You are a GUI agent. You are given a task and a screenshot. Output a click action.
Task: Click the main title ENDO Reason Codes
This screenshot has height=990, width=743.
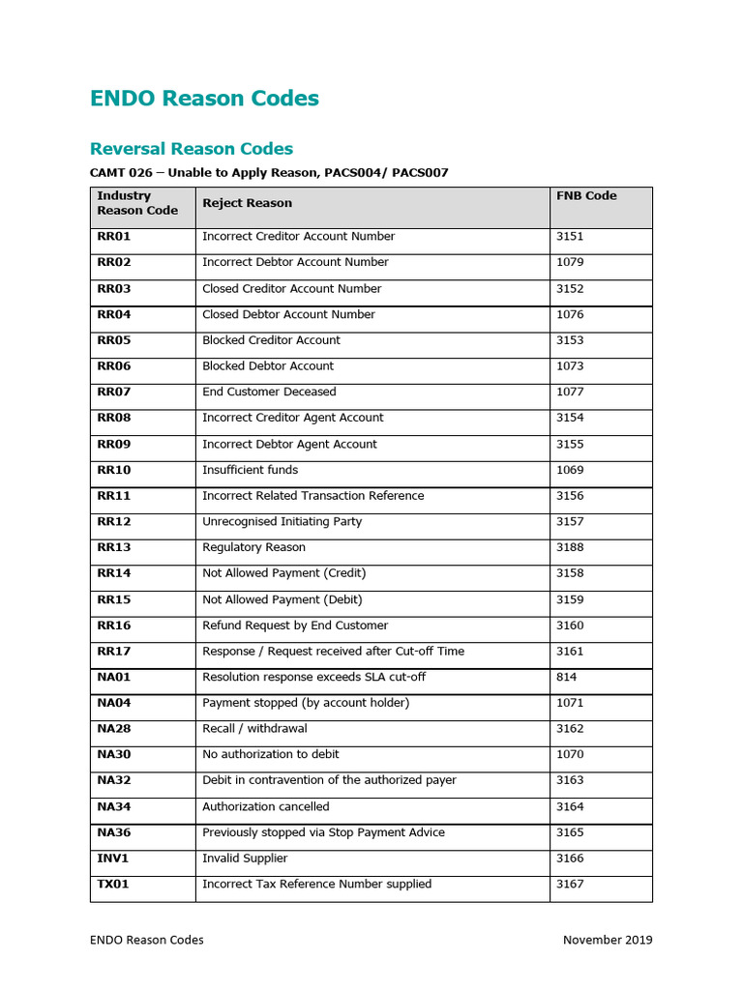(204, 99)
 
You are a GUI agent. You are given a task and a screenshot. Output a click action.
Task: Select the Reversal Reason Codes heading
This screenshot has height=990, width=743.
(192, 149)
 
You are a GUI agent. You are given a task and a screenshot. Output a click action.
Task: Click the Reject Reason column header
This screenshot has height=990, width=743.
(247, 203)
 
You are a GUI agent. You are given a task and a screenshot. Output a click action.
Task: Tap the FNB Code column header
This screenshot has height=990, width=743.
(586, 196)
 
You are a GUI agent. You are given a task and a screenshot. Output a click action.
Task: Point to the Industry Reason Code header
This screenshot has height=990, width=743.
(137, 203)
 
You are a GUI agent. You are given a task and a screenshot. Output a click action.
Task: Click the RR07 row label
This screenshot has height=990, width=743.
(113, 393)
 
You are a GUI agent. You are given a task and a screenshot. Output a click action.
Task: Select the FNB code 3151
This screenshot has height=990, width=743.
(570, 237)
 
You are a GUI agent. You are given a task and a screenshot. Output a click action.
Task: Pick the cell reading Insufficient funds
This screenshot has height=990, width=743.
(250, 471)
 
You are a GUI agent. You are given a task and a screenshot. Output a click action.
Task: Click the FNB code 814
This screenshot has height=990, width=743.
(566, 678)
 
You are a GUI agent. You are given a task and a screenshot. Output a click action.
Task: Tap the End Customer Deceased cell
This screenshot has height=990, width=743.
(269, 393)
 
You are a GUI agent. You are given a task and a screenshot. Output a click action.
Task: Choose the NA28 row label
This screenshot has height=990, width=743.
(114, 729)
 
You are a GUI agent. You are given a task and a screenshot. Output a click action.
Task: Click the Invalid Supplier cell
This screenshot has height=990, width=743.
(245, 859)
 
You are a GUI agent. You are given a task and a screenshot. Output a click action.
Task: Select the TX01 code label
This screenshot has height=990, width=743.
(114, 885)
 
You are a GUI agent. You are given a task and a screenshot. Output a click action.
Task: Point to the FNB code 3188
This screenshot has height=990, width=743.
(570, 548)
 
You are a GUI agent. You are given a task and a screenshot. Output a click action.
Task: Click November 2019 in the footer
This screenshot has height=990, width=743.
(608, 940)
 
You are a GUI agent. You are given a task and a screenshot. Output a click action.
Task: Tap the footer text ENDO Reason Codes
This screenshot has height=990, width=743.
(147, 940)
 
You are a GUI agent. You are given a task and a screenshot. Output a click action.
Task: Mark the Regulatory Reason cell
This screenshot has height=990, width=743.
(253, 548)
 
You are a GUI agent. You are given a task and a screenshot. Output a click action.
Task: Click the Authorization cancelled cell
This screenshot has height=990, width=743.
(265, 807)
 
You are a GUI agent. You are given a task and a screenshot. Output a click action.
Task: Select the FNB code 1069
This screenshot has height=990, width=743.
(570, 471)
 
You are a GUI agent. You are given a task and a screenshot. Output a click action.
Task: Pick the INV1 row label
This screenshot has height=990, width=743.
(112, 859)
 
